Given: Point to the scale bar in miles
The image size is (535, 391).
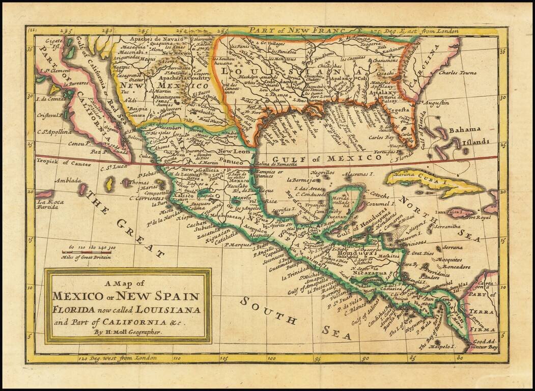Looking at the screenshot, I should click(87, 252).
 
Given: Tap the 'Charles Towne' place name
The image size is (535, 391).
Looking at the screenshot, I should click(457, 73).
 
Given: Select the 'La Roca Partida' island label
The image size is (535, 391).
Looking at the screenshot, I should click(50, 205).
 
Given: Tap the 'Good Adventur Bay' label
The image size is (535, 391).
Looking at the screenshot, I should click(484, 345).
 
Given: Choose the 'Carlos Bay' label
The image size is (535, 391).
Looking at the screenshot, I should click(382, 137).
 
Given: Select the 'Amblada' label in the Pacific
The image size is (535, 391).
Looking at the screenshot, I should click(68, 181).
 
